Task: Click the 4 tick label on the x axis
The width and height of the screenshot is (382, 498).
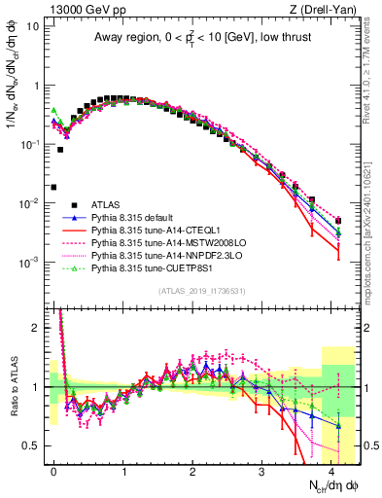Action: click(331, 470)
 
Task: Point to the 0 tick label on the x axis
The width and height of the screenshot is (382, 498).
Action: click(53, 470)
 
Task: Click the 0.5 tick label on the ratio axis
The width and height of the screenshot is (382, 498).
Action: click(32, 445)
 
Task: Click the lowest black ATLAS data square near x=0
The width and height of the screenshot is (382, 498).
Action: click(53, 187)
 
